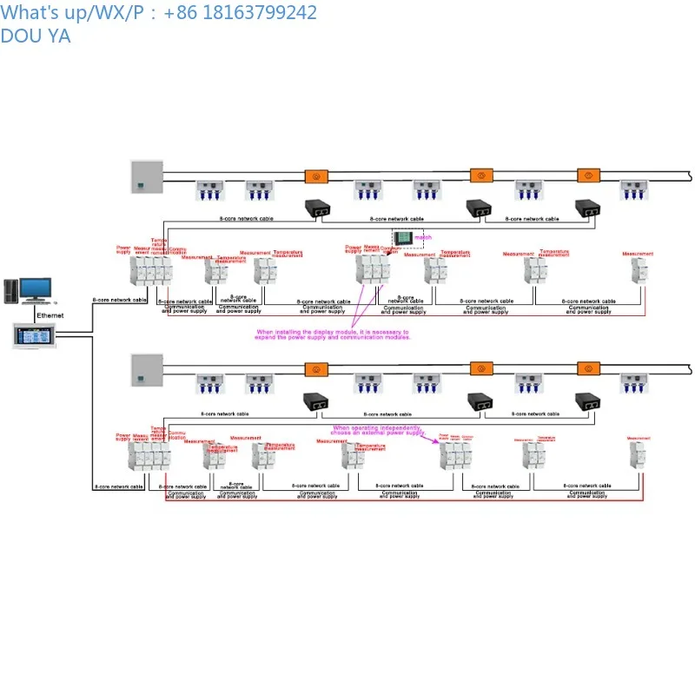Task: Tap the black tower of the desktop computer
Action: tap(11, 291)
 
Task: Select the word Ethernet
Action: tap(50, 315)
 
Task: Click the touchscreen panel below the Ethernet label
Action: tap(37, 335)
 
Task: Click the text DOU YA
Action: tap(36, 36)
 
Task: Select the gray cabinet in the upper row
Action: tap(146, 176)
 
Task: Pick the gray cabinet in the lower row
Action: tap(146, 371)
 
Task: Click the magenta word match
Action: tap(423, 236)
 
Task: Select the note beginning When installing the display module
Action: tap(332, 334)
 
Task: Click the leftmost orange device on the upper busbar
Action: tap(316, 175)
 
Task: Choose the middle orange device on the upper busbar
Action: tap(481, 175)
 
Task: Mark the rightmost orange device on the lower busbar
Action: tap(588, 370)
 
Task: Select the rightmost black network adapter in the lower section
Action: tap(588, 402)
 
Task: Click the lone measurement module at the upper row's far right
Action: tap(639, 269)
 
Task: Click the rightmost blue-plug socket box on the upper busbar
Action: tap(632, 191)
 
